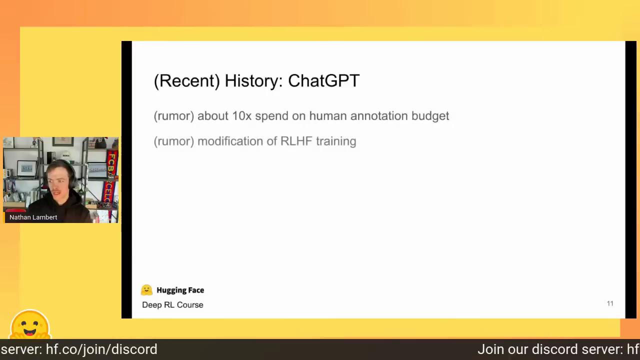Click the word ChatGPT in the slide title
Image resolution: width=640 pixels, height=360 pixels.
323,81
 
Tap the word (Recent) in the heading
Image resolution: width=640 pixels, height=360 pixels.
187,81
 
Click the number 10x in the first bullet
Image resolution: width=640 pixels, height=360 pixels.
241,116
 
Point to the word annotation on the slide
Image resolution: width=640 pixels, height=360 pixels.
379,116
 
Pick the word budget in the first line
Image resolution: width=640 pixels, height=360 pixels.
430,116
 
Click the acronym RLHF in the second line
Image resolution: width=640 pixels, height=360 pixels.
296,141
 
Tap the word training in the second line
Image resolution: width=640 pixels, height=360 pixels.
336,141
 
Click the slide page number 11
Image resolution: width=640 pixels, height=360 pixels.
610,303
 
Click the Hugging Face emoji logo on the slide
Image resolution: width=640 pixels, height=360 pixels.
146,290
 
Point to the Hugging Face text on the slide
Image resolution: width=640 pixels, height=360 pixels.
180,290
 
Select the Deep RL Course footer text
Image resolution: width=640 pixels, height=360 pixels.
172,305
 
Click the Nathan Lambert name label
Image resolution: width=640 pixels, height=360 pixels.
33,217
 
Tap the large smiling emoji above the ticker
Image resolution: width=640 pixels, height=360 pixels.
30,325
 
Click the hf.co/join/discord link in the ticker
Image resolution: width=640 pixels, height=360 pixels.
101,349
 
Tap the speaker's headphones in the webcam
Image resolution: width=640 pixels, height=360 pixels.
71,177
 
